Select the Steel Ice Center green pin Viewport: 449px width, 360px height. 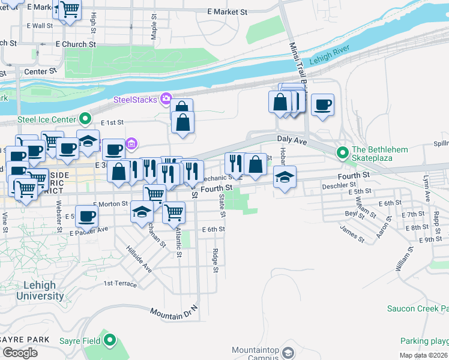tap(85, 119)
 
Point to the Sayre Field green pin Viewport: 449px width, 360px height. tap(109, 341)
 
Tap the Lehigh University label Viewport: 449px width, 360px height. tap(40, 291)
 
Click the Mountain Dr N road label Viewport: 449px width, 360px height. tap(173, 313)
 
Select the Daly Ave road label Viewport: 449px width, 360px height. tap(292, 139)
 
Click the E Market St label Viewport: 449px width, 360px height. tap(227, 11)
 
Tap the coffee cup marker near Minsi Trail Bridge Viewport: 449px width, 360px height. tap(323, 104)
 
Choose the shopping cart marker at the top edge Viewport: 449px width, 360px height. tap(70, 8)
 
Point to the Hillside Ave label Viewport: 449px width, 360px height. tap(139, 259)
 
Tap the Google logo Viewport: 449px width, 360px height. tap(19, 352)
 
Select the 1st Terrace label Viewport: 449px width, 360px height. tap(120, 283)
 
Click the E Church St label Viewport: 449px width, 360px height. tap(76, 44)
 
